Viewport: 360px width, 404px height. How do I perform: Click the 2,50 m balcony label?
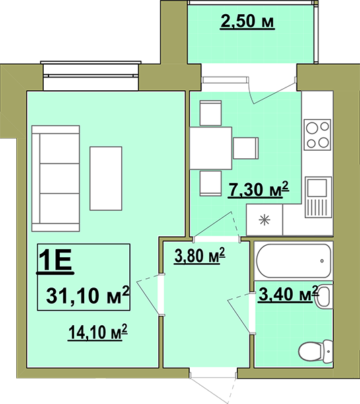[x=247, y=22]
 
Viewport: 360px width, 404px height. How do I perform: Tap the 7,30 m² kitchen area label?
[x=258, y=189]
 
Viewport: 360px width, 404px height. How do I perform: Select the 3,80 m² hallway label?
[x=200, y=255]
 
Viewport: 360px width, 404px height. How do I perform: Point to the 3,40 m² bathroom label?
[x=287, y=294]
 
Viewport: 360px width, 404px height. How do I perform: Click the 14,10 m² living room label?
[x=98, y=333]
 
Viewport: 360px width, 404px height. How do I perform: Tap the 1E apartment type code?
[x=55, y=261]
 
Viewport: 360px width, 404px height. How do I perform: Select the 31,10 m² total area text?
[x=87, y=296]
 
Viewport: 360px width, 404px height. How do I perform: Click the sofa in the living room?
[x=56, y=178]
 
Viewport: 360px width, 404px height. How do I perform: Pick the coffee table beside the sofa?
[x=106, y=178]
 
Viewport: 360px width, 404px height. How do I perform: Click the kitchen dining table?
[x=211, y=148]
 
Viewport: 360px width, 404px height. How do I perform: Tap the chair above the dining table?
[x=211, y=113]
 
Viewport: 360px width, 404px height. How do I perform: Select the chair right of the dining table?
[x=246, y=148]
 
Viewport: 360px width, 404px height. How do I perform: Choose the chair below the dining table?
[x=211, y=183]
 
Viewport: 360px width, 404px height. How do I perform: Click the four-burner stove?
[x=317, y=135]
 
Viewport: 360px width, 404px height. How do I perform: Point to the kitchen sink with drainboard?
[x=318, y=197]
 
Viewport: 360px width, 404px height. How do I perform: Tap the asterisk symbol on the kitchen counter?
[x=264, y=220]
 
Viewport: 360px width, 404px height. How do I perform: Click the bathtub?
[x=293, y=261]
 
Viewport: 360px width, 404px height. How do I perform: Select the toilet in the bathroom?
[x=316, y=351]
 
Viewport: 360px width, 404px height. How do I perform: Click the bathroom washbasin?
[x=324, y=296]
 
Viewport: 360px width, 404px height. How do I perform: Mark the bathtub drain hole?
[x=322, y=261]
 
